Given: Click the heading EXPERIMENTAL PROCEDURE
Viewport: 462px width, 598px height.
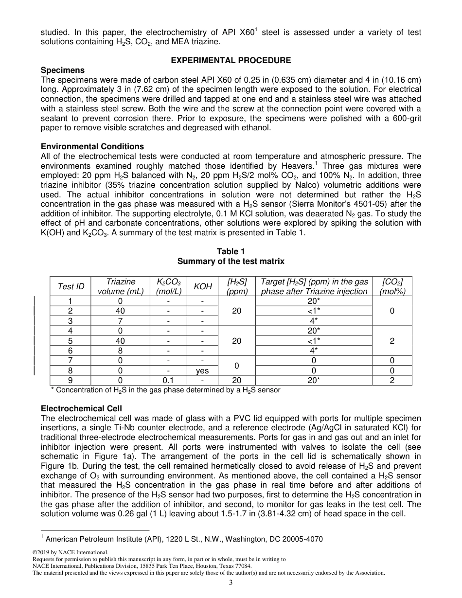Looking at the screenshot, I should point(231,60).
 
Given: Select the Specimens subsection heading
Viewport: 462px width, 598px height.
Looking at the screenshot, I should point(63,70).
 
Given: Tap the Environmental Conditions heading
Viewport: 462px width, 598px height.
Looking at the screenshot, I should point(92,146).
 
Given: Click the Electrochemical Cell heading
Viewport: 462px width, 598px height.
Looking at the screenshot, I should point(81,408).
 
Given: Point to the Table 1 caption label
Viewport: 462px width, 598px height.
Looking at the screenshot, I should point(231,251).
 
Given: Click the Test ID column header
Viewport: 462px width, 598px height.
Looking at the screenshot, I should point(71,286).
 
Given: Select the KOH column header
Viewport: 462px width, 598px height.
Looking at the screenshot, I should point(203,286).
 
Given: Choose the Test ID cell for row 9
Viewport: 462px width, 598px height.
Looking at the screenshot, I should point(71,380).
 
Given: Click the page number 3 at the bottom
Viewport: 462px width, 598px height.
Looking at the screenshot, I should point(231,583).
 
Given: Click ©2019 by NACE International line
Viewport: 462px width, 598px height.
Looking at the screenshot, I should point(71,552).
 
